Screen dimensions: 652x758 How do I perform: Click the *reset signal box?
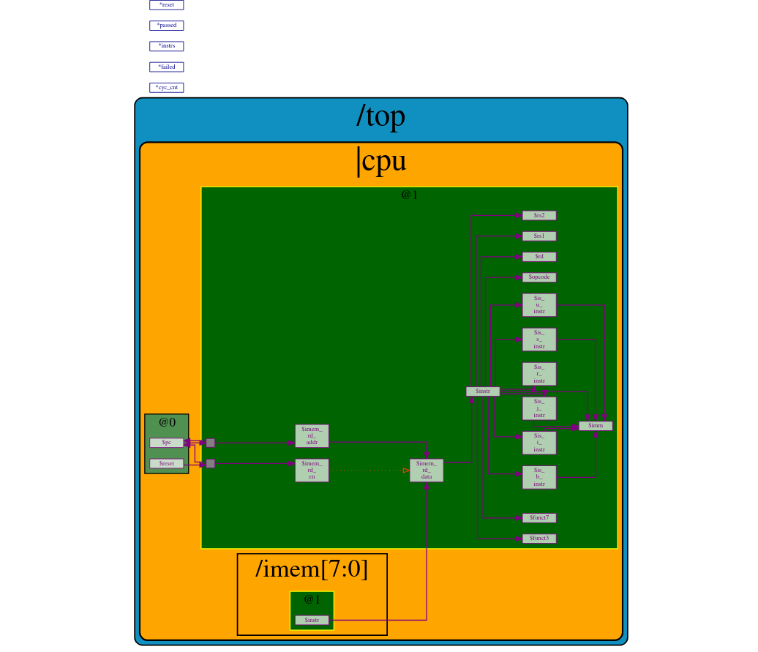point(166,5)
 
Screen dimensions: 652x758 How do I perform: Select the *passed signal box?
point(166,26)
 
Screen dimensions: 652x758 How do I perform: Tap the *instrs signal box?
point(166,46)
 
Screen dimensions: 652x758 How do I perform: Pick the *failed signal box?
point(166,67)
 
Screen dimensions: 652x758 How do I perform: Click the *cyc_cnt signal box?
point(166,88)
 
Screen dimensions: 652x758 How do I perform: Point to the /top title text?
point(380,116)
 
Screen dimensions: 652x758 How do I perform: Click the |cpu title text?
point(380,161)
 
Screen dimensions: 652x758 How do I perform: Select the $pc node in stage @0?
point(166,443)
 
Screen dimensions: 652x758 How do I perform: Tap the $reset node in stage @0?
point(166,463)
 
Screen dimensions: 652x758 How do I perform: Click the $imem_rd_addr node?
point(312,435)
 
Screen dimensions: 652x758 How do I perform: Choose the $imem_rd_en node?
point(312,470)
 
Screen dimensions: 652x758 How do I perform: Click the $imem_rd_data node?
point(426,470)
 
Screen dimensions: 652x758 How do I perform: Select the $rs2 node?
point(539,215)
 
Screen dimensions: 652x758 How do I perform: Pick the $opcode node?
point(539,277)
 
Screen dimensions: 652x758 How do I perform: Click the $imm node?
point(596,426)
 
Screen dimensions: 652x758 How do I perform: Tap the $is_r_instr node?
point(539,374)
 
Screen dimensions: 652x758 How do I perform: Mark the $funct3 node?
point(539,539)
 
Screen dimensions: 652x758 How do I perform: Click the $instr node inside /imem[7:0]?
point(312,620)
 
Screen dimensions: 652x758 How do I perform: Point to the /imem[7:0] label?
point(312,569)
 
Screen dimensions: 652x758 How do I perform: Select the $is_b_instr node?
point(539,477)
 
